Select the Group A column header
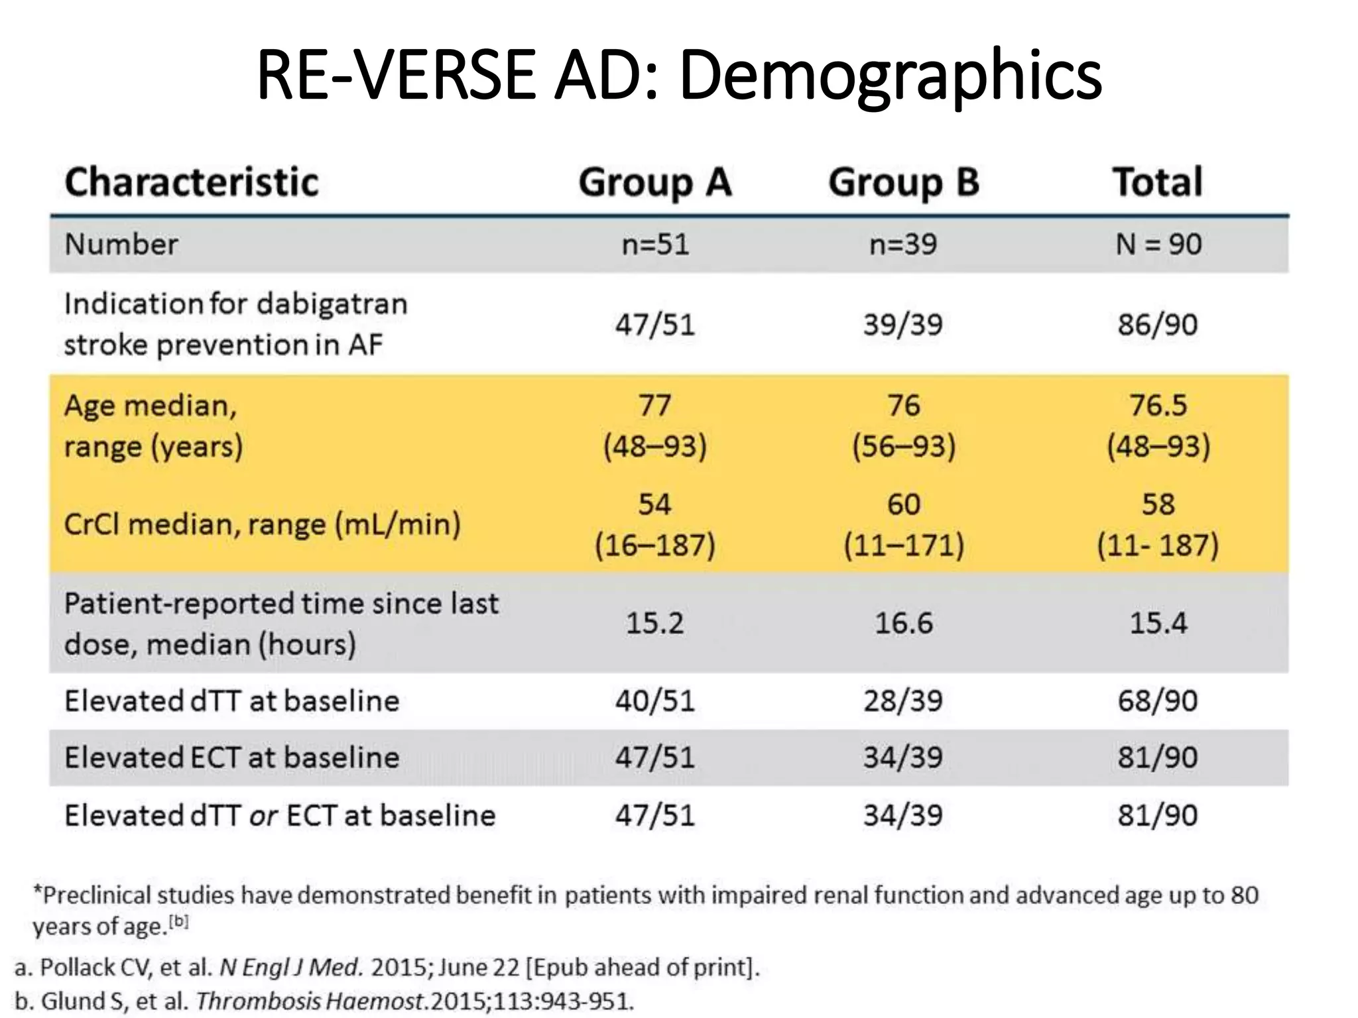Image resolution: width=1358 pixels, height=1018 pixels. click(654, 182)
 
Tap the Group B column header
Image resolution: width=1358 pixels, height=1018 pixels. click(903, 182)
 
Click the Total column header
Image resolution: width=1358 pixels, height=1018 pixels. click(1157, 182)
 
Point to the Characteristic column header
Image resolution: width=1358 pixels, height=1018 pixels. click(192, 182)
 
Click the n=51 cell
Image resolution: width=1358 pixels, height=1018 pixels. click(655, 245)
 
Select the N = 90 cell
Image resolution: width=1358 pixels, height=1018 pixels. click(1158, 245)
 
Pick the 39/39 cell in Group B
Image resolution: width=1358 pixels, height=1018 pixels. click(902, 325)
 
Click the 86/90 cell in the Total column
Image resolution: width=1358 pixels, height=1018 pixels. click(1158, 325)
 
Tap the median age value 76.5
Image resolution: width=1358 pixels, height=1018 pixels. click(1158, 405)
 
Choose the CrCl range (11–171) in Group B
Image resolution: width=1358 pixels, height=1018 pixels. click(903, 545)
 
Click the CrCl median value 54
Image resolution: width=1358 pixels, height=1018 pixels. click(654, 504)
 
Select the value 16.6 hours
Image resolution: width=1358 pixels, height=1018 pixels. click(903, 623)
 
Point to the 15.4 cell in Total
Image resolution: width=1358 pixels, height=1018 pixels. click(1158, 623)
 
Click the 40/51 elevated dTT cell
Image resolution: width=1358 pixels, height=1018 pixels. click(654, 701)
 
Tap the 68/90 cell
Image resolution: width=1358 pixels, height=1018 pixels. click(1158, 701)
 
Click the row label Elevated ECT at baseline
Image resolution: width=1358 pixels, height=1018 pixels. click(231, 758)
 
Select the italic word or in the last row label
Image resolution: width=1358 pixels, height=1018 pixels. click(263, 816)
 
